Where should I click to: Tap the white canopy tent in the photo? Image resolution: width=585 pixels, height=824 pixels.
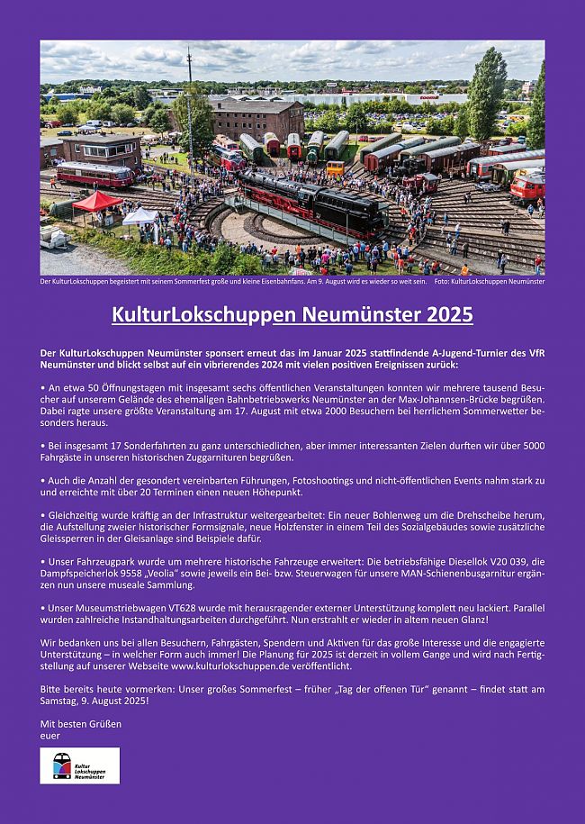coord(139,215)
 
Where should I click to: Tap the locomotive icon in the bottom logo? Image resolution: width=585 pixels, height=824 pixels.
coord(61,765)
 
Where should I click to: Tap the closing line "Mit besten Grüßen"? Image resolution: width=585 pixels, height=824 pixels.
coord(81,723)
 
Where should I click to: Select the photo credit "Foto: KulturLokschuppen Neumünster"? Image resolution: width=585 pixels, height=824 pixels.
coord(489,282)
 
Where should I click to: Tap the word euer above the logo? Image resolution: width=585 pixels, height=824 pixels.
coord(49,736)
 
